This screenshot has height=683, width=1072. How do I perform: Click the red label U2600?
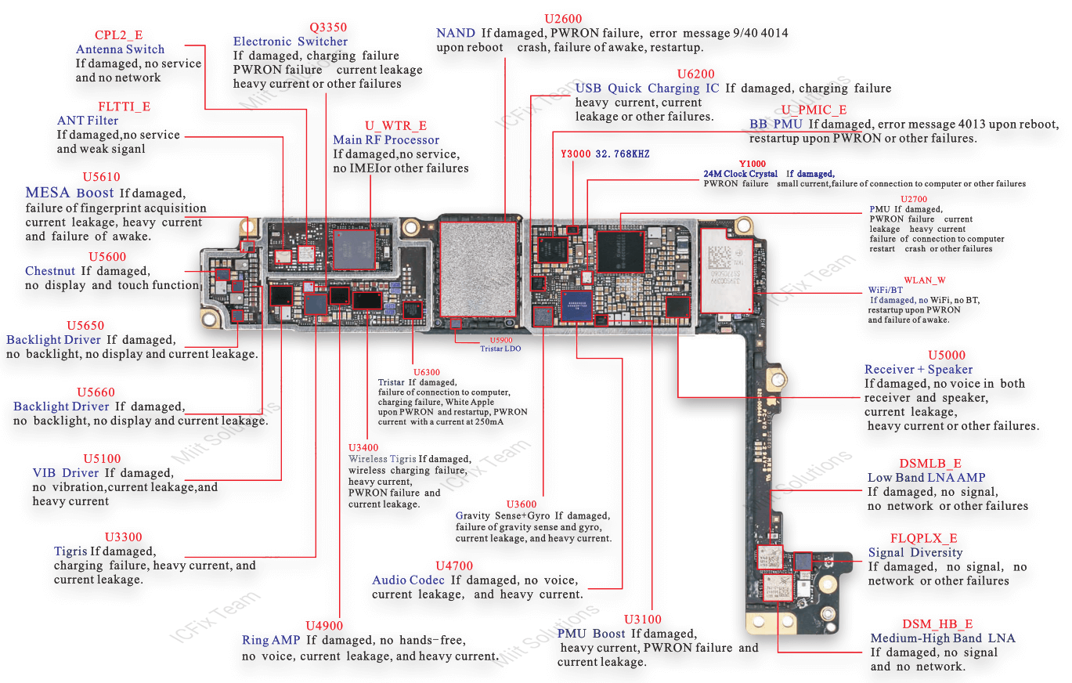(563, 19)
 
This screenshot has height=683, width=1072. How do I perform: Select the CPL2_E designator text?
(119, 35)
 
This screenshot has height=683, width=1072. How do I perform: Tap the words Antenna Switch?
(120, 49)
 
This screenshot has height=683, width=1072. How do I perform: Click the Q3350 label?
(328, 27)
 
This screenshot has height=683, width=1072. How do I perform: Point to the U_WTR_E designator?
(395, 125)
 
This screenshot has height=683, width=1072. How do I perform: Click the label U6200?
(696, 74)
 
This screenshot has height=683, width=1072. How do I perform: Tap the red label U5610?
(102, 177)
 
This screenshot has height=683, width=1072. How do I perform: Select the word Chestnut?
(50, 271)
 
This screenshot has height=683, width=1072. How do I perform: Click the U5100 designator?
(102, 458)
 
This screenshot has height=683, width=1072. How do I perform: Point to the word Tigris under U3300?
(70, 551)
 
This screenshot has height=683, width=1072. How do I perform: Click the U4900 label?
(324, 625)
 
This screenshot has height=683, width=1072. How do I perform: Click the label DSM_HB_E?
(937, 623)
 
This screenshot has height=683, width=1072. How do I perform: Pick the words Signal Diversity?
(915, 553)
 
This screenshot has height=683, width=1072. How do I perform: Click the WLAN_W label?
(925, 280)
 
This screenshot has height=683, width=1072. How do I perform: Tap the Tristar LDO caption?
(500, 349)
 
